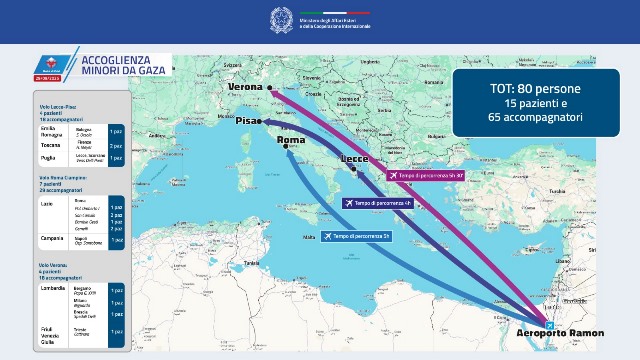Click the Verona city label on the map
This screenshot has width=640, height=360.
(x=245, y=88)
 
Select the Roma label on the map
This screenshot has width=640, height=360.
(x=290, y=141)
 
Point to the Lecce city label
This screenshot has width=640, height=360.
(x=354, y=160)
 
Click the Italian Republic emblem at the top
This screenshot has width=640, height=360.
(x=280, y=18)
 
